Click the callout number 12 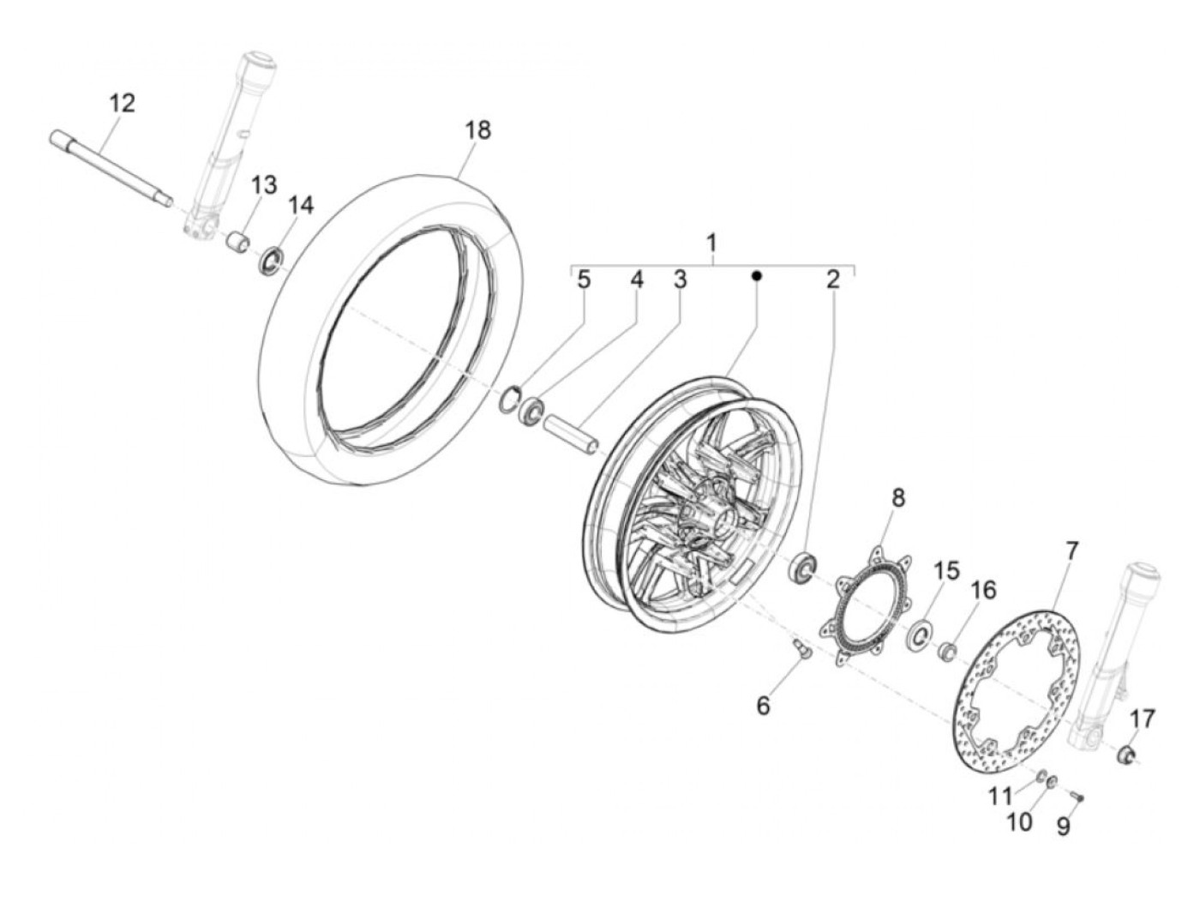(122, 104)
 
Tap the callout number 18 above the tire (478, 130)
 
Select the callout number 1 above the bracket (711, 243)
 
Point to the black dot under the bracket (756, 276)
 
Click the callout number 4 (636, 280)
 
